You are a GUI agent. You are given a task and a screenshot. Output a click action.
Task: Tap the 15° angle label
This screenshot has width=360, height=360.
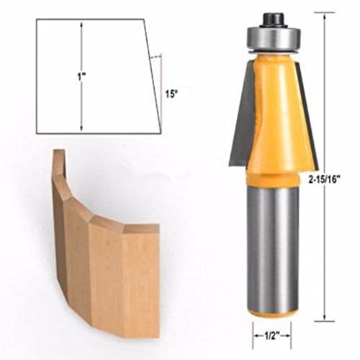pyautogui.click(x=170, y=94)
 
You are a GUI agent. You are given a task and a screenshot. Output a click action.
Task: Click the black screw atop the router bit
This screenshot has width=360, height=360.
pyautogui.click(x=273, y=16)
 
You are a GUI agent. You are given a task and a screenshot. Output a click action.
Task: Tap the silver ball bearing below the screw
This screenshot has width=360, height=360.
pyautogui.click(x=273, y=35)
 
